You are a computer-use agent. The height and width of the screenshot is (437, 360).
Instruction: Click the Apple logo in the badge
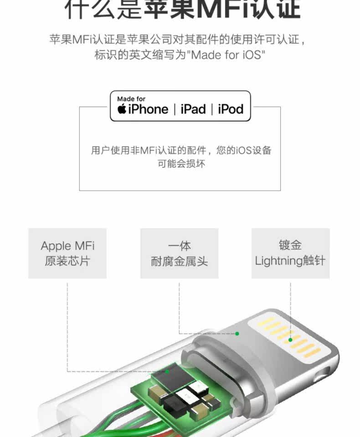[122, 109]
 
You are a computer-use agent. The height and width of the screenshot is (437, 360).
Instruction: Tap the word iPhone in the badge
[148, 109]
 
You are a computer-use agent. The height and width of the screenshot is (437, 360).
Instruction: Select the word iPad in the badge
[193, 109]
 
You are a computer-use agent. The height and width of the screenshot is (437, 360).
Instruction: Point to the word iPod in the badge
[231, 109]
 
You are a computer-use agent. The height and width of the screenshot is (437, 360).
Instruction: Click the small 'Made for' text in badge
[131, 99]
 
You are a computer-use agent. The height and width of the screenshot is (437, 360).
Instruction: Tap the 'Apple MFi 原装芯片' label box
[67, 253]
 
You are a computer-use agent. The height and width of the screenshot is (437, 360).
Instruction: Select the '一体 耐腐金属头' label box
[179, 253]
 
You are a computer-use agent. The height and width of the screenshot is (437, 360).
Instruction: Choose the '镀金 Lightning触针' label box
[290, 253]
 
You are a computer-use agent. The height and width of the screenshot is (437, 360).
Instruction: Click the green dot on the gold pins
[290, 340]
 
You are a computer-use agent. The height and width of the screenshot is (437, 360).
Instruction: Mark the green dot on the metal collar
[237, 334]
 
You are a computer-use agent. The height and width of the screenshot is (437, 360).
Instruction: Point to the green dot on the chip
[167, 371]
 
